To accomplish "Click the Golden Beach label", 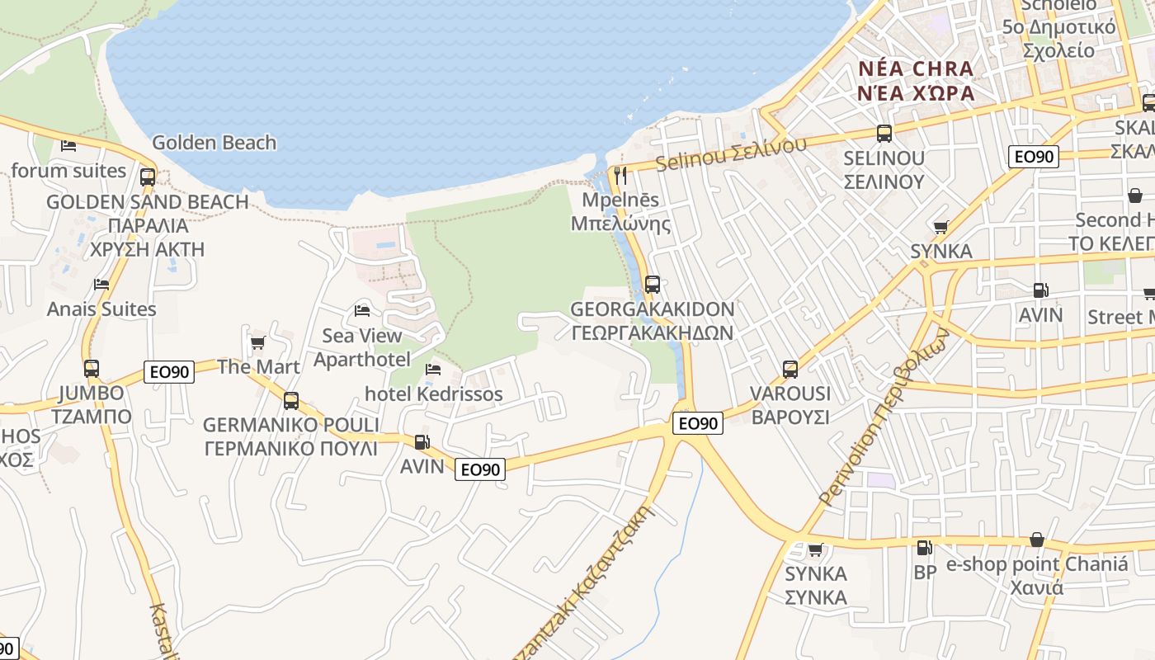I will tap(214, 143).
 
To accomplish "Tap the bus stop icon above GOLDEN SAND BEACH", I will tap(148, 177).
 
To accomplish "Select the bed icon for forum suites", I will tap(68, 146).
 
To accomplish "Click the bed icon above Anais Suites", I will tap(101, 284).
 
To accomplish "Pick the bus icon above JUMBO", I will tap(92, 368).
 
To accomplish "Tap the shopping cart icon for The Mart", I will tap(257, 342).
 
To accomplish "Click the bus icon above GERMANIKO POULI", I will tap(291, 401).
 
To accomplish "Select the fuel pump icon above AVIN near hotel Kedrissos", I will tap(422, 442).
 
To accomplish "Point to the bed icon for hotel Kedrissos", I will tap(433, 369).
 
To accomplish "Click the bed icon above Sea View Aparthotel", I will tap(361, 311).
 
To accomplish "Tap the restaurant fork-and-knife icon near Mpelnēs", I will tap(620, 175).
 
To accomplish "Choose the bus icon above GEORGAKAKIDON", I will tap(653, 285).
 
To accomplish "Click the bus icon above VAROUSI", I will tap(790, 369).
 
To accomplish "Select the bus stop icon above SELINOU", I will tap(884, 133).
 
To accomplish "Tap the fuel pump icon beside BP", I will tap(925, 547).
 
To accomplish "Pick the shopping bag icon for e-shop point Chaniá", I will tap(1037, 540).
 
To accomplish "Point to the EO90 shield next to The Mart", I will tap(170, 372).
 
